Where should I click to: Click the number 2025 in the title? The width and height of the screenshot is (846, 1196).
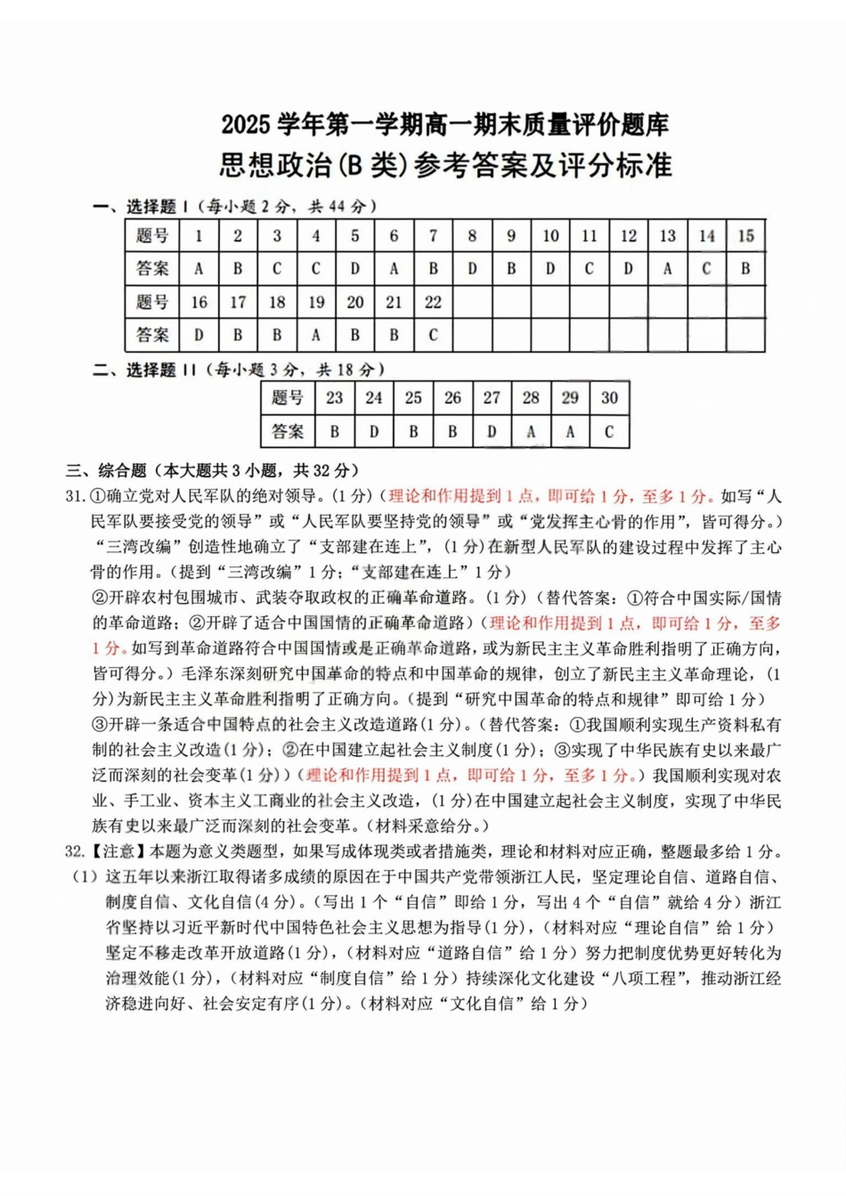point(246,126)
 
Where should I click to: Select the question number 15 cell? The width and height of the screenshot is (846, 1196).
point(745,236)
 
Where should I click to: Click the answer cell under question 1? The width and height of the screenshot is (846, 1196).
point(199,269)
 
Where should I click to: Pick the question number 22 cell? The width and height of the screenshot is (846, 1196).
point(433,303)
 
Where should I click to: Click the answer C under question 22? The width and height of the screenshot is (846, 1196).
point(433,336)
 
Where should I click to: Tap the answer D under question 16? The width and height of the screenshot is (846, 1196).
point(199,336)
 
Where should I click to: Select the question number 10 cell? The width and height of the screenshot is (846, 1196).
point(550,236)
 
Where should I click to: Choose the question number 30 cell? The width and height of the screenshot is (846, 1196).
point(609,398)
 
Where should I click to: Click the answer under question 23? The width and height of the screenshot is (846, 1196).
point(335,432)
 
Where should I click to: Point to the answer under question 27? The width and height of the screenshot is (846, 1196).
point(492,432)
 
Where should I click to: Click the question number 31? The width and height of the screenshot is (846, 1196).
point(75,496)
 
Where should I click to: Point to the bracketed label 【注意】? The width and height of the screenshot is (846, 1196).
point(118,851)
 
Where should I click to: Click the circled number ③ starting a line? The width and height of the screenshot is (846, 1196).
point(100,724)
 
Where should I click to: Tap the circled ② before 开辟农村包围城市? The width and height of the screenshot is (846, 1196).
point(100,598)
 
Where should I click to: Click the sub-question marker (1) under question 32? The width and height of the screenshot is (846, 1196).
point(85,876)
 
